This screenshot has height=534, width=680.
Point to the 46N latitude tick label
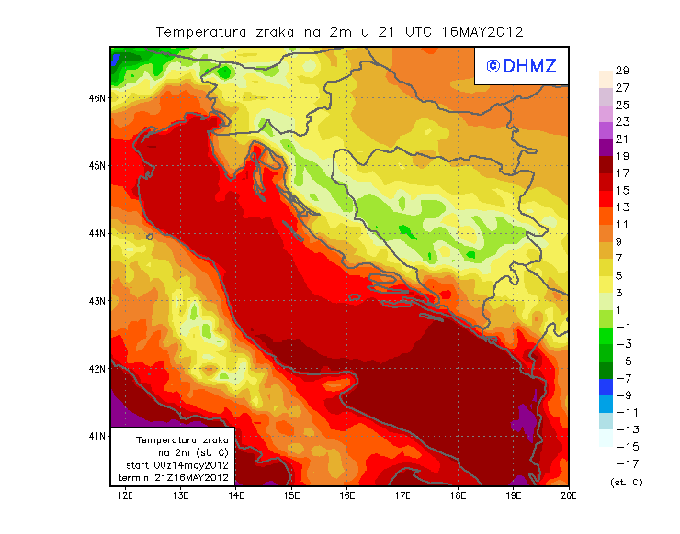(97, 97)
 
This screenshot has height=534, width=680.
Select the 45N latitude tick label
(97, 165)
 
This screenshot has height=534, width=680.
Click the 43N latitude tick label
(97, 301)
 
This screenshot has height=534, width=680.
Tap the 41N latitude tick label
(97, 436)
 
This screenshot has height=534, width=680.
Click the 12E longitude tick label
(125, 496)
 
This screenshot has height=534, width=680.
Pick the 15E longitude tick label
(291, 496)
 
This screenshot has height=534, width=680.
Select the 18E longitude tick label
(458, 496)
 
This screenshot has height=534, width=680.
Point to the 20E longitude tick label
(569, 496)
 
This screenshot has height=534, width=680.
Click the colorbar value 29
(622, 71)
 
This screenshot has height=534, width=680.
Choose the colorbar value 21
(622, 139)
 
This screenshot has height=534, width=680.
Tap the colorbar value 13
(622, 207)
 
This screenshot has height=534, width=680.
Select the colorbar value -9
(622, 395)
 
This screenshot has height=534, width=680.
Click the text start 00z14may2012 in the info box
(177, 465)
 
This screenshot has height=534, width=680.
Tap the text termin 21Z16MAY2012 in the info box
(177, 477)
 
